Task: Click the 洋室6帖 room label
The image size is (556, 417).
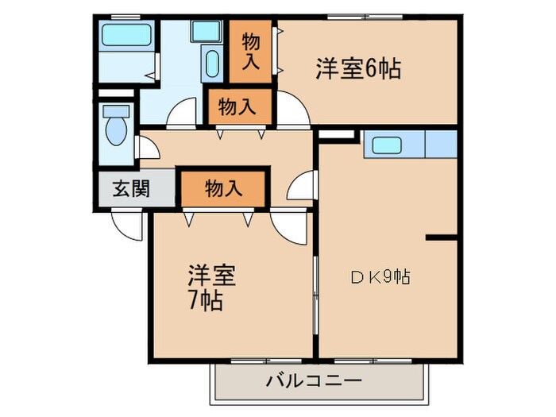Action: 358,69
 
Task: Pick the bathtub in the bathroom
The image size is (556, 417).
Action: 126,36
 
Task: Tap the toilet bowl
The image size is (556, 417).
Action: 117,130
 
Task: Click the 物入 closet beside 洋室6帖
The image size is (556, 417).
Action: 250,50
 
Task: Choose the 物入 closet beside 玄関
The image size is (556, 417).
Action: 222,188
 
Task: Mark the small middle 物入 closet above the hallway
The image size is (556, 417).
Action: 237,107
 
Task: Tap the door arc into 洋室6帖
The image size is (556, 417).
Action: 291,110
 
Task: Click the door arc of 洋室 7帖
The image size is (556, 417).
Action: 288,227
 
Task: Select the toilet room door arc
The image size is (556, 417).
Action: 148,147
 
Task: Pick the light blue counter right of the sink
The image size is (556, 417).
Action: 441,145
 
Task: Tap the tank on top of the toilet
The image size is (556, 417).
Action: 116,112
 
